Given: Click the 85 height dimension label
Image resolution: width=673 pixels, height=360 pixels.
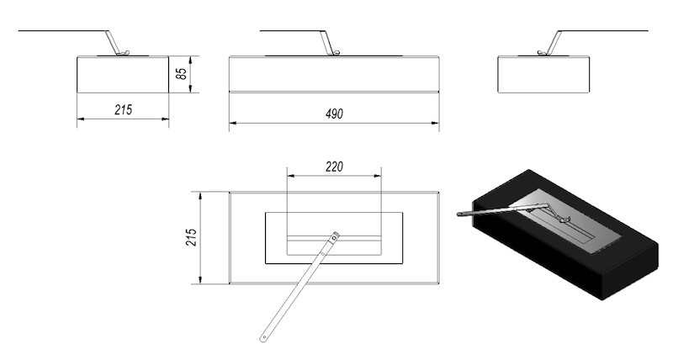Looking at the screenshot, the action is pyautogui.click(x=182, y=74).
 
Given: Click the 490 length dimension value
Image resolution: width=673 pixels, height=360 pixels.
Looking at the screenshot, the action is pyautogui.click(x=334, y=114).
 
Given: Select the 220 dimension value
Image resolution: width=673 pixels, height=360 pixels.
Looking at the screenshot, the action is pyautogui.click(x=334, y=167).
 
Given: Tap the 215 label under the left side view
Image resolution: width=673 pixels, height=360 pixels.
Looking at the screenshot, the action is pyautogui.click(x=123, y=110).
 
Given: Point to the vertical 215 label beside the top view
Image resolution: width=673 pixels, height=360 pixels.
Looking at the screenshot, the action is pyautogui.click(x=192, y=237).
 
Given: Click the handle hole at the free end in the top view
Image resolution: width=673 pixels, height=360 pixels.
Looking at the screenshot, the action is pyautogui.click(x=263, y=338).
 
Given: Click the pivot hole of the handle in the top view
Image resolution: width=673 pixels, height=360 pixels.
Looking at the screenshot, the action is pyautogui.click(x=334, y=236).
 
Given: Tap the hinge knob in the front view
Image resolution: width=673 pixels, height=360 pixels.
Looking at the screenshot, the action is pyautogui.click(x=336, y=53).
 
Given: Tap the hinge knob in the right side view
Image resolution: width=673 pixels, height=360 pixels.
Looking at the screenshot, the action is pyautogui.click(x=542, y=53).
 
